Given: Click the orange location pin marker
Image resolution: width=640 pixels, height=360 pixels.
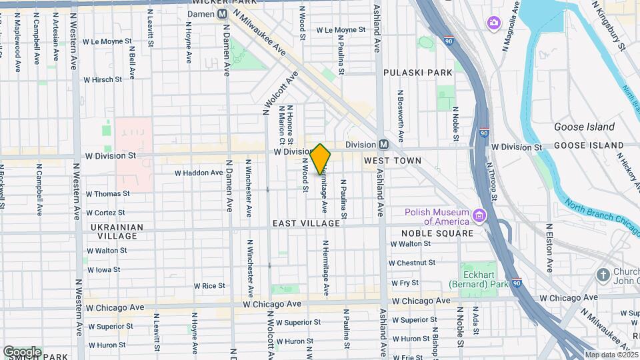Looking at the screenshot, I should [x=321, y=159].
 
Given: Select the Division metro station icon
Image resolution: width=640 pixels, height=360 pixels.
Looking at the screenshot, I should [x=383, y=145].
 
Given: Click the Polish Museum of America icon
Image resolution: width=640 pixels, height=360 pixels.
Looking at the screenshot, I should [x=478, y=216].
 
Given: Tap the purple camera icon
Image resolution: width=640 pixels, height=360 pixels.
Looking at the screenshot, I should [x=493, y=23].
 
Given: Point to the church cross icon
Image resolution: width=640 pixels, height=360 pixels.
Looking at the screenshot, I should [x=603, y=275].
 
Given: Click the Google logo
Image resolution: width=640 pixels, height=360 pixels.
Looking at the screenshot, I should [x=22, y=352].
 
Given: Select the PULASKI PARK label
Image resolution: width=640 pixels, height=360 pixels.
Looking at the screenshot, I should [x=417, y=72].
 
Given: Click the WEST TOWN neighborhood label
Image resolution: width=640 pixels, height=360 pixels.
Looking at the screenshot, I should [x=393, y=161].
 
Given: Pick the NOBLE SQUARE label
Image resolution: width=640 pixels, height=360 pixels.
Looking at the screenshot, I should [x=437, y=233].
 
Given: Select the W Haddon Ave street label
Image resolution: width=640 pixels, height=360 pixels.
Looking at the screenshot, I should [x=199, y=173].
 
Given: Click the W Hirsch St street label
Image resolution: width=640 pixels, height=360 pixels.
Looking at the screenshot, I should [x=103, y=79].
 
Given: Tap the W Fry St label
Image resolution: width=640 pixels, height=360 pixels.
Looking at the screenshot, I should [x=405, y=283].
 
